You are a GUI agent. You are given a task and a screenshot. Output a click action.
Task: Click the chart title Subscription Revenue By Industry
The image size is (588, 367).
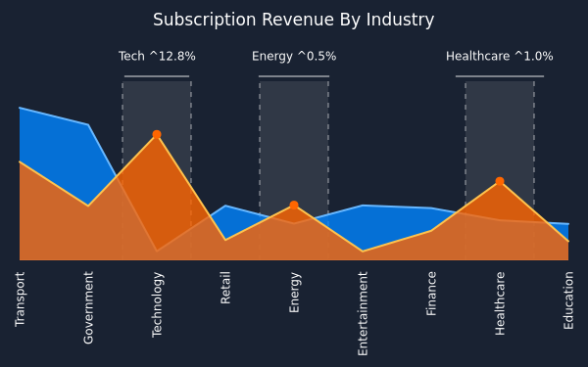tap(293, 20)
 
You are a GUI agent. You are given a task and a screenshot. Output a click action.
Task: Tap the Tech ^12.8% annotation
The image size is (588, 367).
tap(157, 56)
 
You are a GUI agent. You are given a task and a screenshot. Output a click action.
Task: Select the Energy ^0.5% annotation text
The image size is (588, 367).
tap(294, 56)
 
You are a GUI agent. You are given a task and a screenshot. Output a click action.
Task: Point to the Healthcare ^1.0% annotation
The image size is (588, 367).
tap(500, 56)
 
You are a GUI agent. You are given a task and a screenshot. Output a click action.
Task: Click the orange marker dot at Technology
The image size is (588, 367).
tap(157, 134)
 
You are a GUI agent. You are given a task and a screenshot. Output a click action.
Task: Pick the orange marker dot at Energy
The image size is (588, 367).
tap(294, 206)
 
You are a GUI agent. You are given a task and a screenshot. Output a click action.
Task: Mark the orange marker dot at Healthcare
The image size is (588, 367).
tap(500, 181)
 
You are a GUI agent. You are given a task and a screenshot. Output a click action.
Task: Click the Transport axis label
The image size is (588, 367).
tap(20, 299)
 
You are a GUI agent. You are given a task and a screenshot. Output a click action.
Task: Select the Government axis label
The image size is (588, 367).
tap(88, 307)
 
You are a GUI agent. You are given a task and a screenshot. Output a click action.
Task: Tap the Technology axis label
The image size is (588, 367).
tap(157, 304)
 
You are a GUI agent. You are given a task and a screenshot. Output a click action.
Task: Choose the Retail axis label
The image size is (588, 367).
tap(225, 288)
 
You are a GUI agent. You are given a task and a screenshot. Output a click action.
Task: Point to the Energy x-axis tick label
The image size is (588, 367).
tap(294, 293)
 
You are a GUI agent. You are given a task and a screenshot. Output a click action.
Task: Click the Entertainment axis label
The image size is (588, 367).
tap(363, 313)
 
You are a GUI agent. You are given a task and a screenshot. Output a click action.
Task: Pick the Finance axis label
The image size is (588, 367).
tap(431, 294)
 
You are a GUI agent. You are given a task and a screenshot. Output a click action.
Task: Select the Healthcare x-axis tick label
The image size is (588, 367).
tap(500, 303)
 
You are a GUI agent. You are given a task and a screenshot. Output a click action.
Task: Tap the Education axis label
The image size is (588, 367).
tap(568, 300)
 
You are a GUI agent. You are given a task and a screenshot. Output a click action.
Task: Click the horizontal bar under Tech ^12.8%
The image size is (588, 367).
tap(157, 76)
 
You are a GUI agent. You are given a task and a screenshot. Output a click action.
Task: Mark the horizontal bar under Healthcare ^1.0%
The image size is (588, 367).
tap(500, 76)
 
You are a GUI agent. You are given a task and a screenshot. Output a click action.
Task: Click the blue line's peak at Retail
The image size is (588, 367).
tap(225, 206)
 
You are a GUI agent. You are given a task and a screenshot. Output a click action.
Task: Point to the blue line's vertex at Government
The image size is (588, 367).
tap(88, 124)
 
